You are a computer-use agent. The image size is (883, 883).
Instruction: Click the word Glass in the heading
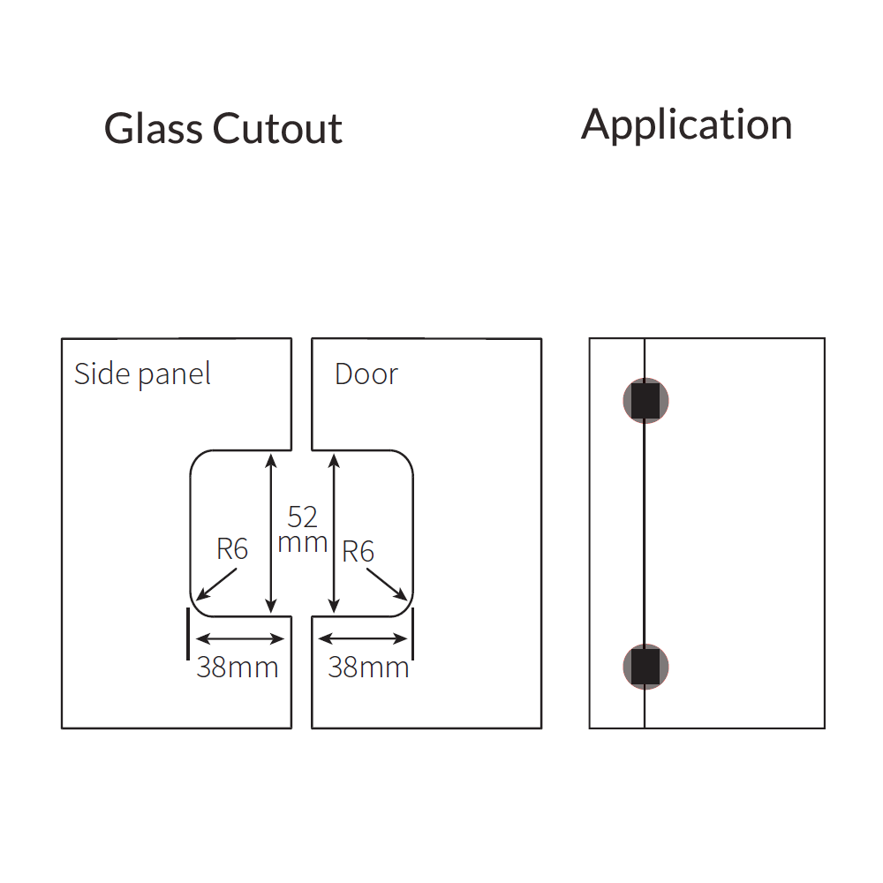click(x=154, y=129)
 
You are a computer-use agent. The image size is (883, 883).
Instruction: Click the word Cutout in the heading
click(x=277, y=129)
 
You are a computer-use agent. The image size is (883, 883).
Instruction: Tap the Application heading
click(x=686, y=125)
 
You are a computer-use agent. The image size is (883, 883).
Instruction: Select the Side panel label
click(x=142, y=374)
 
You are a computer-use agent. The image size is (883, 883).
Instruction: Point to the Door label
click(x=366, y=374)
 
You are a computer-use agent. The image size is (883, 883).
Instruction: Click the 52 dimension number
click(x=302, y=517)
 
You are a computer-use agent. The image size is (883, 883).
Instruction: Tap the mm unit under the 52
click(x=302, y=542)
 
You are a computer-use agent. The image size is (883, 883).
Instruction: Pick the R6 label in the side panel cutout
click(x=232, y=549)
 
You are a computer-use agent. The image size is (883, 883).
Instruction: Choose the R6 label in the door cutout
click(x=358, y=552)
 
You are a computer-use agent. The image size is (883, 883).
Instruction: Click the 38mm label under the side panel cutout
click(x=237, y=668)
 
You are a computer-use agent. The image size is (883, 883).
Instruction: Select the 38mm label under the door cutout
click(x=368, y=668)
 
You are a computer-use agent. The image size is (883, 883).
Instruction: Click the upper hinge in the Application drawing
click(x=645, y=401)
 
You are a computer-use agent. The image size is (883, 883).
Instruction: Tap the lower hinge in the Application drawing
click(x=645, y=667)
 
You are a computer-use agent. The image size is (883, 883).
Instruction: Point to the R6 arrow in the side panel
click(x=217, y=585)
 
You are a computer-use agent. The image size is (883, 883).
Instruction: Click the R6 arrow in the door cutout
click(x=387, y=585)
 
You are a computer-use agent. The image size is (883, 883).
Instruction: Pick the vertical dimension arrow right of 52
click(x=333, y=533)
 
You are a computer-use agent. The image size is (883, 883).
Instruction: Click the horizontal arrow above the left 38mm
click(x=237, y=638)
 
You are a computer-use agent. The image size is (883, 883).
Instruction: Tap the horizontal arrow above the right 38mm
click(x=363, y=638)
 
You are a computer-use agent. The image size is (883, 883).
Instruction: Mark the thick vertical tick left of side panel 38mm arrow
click(x=188, y=632)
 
